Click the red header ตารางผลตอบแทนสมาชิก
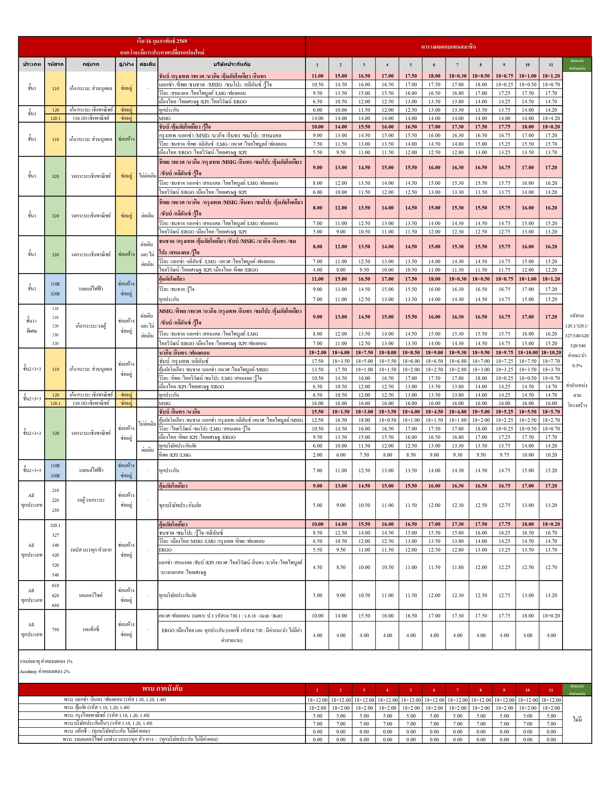448,47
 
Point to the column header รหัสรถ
55,64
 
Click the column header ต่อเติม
147,64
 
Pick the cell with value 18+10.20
551,352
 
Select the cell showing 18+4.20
551,118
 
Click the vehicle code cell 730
55,629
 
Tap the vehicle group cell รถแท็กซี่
91,629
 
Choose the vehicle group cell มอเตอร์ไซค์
91,595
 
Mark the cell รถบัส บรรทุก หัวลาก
91,550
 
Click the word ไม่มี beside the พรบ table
577,719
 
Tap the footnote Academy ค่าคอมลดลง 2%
45,671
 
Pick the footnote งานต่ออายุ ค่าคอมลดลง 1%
46,661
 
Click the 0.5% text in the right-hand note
577,366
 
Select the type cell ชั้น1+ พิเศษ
31,326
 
